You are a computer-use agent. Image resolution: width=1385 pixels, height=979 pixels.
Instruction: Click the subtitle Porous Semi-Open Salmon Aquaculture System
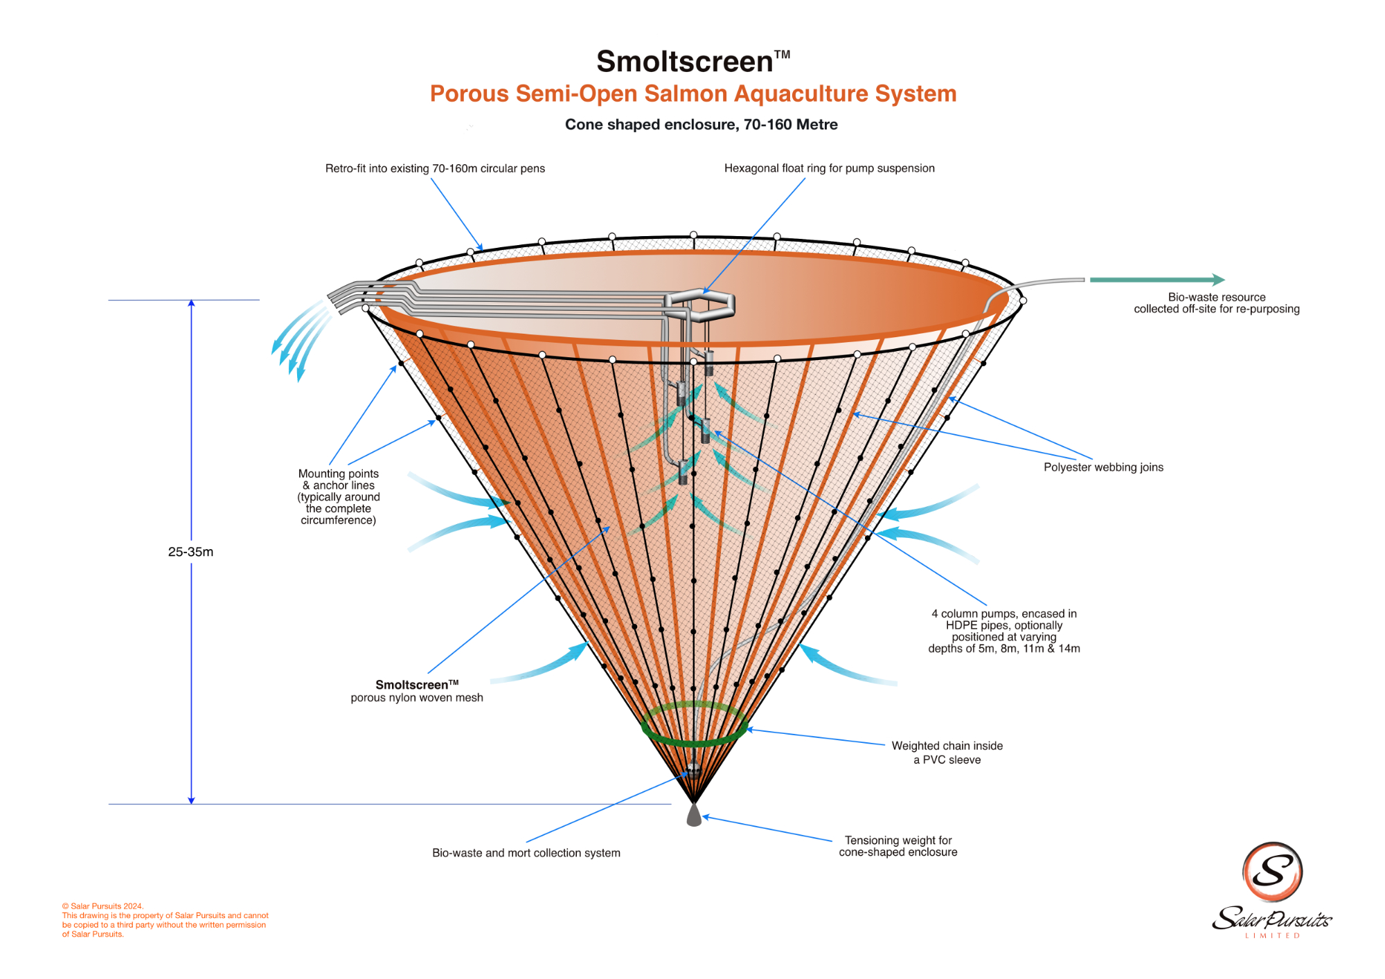click(692, 93)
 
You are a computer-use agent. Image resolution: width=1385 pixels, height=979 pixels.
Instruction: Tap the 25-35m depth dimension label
click(190, 552)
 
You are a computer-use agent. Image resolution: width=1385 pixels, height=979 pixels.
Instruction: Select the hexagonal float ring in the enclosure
click(699, 305)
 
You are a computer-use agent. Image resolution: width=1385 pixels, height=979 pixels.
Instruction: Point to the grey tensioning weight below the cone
click(694, 815)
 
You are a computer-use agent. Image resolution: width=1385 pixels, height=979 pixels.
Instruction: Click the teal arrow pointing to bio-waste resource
click(1156, 280)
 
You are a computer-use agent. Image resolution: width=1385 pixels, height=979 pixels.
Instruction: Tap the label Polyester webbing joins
click(1103, 467)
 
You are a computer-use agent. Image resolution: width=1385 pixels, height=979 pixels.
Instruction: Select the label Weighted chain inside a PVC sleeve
click(947, 753)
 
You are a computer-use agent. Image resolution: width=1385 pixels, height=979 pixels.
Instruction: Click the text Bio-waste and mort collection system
click(526, 853)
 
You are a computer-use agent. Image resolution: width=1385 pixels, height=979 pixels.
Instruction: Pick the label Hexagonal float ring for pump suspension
click(829, 168)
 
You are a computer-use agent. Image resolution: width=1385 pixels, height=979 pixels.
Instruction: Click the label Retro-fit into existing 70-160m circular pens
click(435, 168)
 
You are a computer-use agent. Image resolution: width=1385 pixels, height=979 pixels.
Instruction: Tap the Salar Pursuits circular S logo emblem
click(1272, 872)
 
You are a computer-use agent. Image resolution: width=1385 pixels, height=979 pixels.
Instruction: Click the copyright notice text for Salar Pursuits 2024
click(165, 920)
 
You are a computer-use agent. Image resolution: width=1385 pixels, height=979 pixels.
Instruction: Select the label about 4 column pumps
click(1004, 631)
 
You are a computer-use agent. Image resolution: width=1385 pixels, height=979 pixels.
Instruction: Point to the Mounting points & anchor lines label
click(339, 496)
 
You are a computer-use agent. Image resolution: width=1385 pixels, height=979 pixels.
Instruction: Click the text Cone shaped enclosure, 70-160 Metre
click(701, 125)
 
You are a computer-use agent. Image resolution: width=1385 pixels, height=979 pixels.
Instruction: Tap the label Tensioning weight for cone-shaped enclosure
click(898, 846)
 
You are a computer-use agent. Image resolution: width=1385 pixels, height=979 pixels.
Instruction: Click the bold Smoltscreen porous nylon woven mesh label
click(417, 691)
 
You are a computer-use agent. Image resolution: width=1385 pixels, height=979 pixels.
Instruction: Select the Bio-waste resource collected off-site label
click(1216, 303)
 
